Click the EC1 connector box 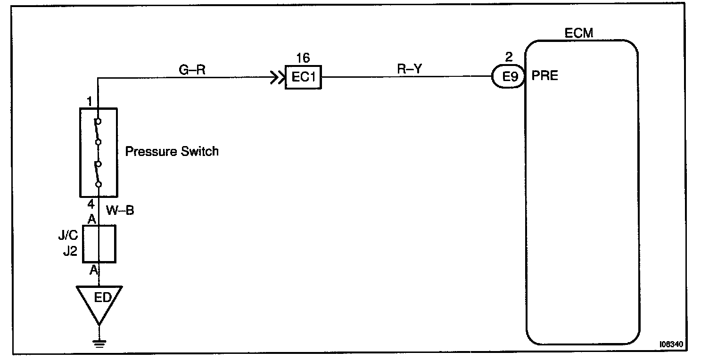click(303, 77)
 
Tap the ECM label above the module click(578, 33)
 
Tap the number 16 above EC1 click(303, 58)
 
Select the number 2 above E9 click(508, 58)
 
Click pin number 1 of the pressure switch click(90, 101)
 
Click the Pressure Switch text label click(172, 152)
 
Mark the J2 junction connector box click(99, 244)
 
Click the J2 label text click(70, 251)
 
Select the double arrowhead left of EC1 click(276, 77)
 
